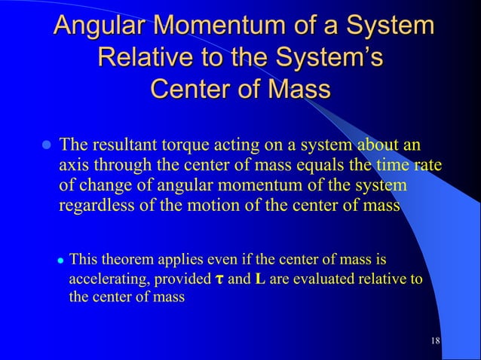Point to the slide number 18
tap(435, 342)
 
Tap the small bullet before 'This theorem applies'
tap(60, 261)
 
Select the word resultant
tap(125, 144)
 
